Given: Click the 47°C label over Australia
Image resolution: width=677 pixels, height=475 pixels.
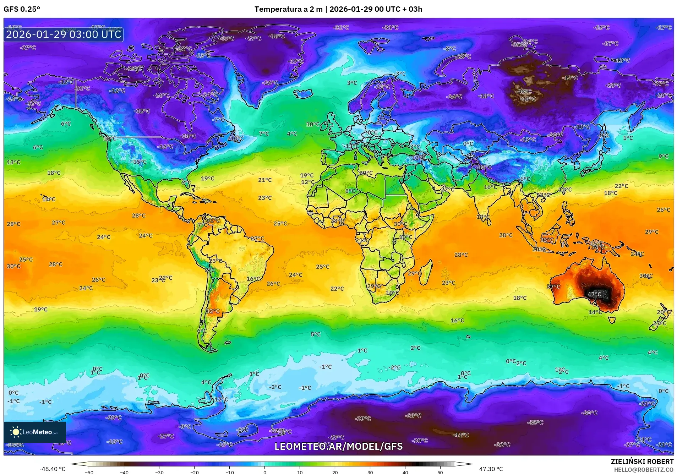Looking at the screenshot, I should click(594, 294).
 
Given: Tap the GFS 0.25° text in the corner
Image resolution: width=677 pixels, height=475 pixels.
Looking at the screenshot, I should click(22, 9).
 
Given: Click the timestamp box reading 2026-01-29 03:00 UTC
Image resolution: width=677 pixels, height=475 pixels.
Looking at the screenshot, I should click(64, 34).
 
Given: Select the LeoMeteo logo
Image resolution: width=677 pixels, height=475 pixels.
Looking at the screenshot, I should click(35, 432).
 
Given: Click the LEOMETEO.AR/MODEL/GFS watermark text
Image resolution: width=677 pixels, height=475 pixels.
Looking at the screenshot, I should click(339, 446).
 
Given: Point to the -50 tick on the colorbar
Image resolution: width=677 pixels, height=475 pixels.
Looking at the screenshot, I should click(89, 473).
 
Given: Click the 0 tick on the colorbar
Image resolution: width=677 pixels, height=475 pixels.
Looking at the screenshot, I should click(264, 473).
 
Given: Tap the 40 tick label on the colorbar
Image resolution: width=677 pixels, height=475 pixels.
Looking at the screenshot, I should click(405, 473).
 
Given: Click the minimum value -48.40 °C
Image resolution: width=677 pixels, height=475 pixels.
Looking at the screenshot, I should click(52, 469).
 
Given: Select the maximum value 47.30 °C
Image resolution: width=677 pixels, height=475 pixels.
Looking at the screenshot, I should click(491, 469).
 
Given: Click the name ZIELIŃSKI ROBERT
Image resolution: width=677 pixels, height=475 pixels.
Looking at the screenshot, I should click(642, 462).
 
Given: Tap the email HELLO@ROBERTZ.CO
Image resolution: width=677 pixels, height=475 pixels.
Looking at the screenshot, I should click(643, 470).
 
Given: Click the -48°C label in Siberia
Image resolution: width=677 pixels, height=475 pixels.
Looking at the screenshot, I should click(525, 92).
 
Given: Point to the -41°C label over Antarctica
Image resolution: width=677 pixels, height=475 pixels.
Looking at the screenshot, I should click(461, 435).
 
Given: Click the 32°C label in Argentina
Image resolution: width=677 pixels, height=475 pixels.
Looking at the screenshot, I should click(213, 311).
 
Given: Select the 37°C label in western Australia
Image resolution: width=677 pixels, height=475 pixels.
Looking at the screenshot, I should click(553, 287).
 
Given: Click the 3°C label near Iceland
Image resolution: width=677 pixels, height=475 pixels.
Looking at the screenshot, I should click(352, 83).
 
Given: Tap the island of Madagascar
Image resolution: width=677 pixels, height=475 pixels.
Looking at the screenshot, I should click(426, 272).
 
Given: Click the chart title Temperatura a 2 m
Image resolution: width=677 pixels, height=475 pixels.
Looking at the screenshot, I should click(288, 9).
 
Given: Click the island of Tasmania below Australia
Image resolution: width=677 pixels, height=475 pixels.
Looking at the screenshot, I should click(612, 320).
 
